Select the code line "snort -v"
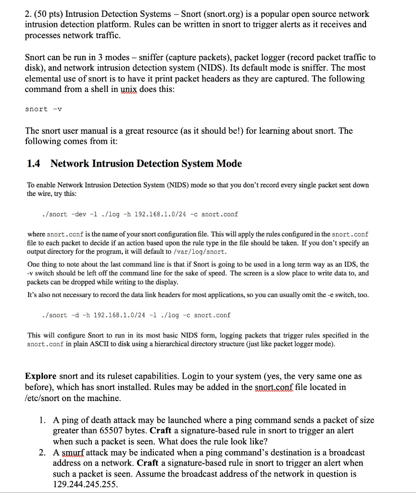[x=43, y=109]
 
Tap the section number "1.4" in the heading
[x=34, y=164]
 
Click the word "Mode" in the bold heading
[x=229, y=164]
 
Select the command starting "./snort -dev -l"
[x=140, y=214]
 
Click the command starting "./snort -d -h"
[x=136, y=315]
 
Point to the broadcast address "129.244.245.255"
[x=85, y=484]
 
